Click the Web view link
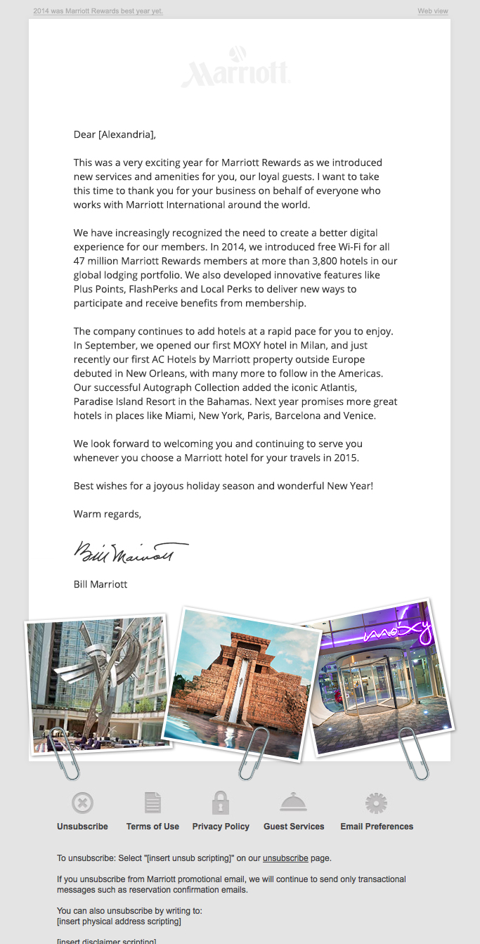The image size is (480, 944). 433,11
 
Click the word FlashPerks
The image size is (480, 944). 158,289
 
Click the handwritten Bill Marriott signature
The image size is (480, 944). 131,552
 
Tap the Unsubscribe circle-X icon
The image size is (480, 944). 82,803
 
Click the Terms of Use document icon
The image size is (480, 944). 153,803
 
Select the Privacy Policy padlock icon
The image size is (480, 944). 221,803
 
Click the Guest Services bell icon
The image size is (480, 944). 294,802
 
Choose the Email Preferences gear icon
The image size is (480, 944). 377,803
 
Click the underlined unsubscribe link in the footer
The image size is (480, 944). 285,858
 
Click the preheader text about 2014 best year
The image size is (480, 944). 98,11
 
